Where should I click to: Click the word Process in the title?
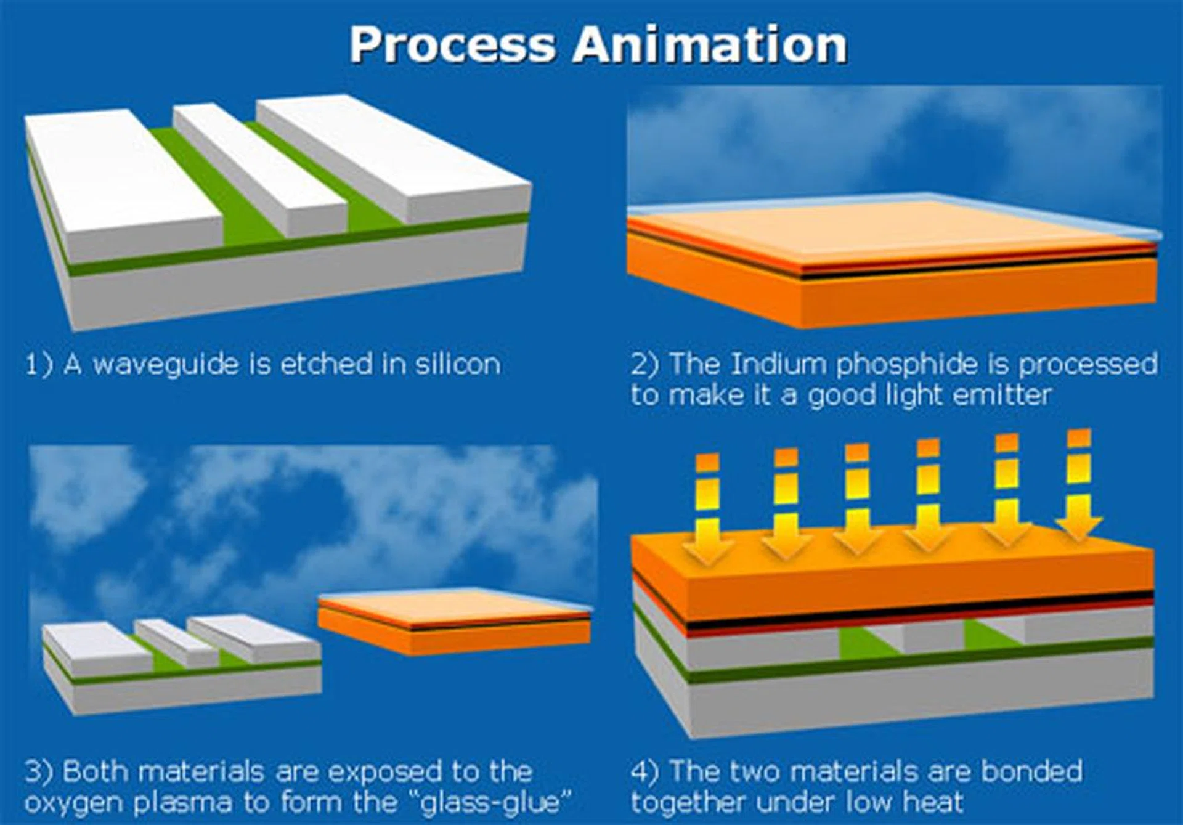pyautogui.click(x=452, y=45)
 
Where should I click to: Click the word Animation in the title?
pyautogui.click(x=710, y=45)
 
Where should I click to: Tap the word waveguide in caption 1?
pyautogui.click(x=165, y=365)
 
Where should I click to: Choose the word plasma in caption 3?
pyautogui.click(x=183, y=803)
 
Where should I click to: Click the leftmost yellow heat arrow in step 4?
pyautogui.click(x=707, y=511)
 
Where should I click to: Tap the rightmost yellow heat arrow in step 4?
pyautogui.click(x=1079, y=487)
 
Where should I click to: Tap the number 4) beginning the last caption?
pyautogui.click(x=645, y=772)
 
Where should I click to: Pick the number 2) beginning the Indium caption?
pyautogui.click(x=644, y=364)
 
